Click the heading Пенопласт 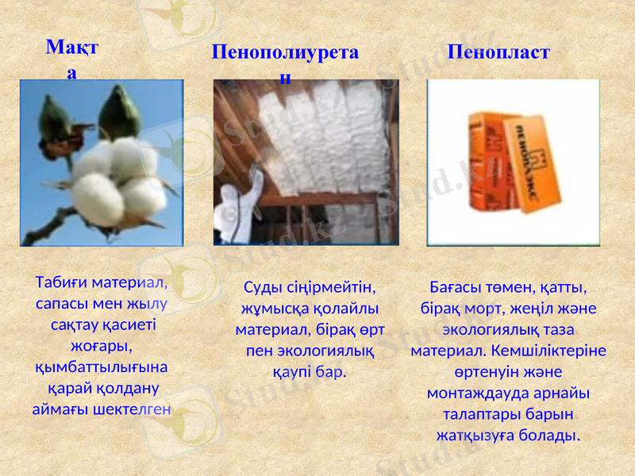click(x=498, y=52)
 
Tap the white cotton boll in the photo click(x=119, y=178)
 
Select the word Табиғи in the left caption click(x=62, y=282)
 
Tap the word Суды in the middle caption click(x=262, y=287)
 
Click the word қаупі click(x=292, y=370)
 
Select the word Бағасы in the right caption click(x=456, y=287)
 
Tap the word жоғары click(x=100, y=347)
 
